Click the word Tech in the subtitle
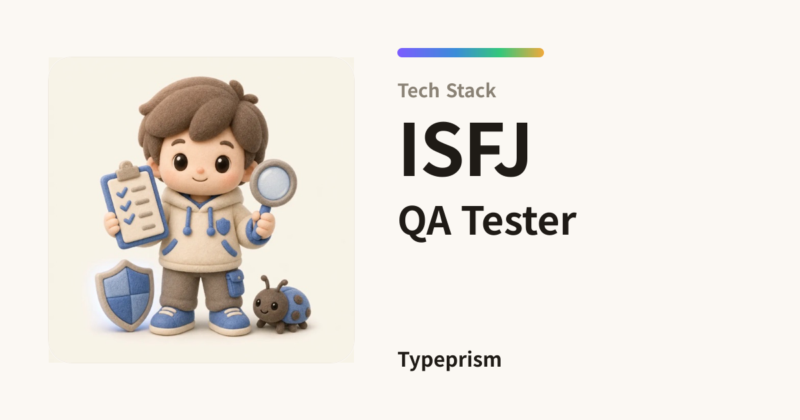[x=419, y=91]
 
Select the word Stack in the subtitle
[x=471, y=91]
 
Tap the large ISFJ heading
[x=464, y=149]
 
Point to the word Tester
[x=519, y=221]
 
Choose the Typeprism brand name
[x=449, y=360]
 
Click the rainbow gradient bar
[x=471, y=53]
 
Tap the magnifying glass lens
[x=274, y=183]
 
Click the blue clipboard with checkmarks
[x=134, y=205]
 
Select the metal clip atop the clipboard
[x=126, y=169]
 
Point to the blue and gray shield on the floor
[x=125, y=295]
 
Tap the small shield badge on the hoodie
[x=223, y=226]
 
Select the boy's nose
[x=201, y=170]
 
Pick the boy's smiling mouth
[x=201, y=178]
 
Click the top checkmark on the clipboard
[x=122, y=193]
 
